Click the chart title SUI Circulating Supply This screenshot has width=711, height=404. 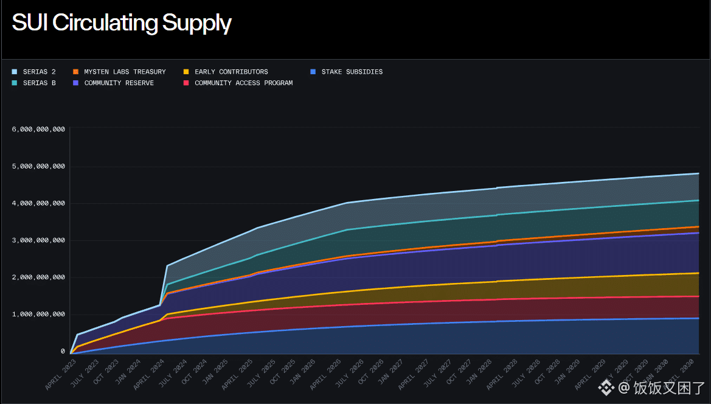(122, 23)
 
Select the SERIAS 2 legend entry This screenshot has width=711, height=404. (39, 72)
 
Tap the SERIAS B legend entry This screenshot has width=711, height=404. (39, 83)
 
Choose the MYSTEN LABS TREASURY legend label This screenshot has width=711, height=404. (125, 72)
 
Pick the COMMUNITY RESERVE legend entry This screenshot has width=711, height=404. (119, 83)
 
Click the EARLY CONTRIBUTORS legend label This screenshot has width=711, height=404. (231, 72)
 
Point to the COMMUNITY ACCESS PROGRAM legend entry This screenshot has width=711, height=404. (243, 83)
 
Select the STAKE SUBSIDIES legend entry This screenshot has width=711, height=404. (352, 72)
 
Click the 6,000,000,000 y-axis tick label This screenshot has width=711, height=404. (38, 130)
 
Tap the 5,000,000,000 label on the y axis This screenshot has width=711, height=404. (38, 167)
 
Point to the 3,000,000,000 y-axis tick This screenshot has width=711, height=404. (38, 240)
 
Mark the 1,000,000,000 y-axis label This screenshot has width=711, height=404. (38, 315)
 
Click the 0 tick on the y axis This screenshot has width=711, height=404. (63, 352)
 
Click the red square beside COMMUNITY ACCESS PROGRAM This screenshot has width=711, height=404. (186, 83)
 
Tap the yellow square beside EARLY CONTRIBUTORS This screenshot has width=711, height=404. (186, 72)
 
